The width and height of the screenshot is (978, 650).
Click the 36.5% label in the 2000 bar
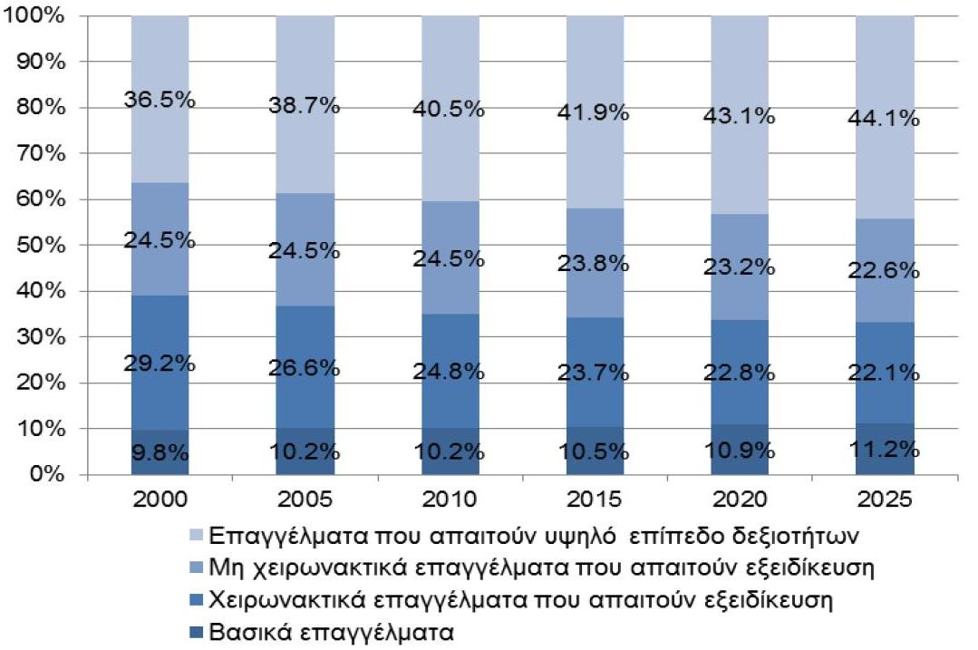[160, 100]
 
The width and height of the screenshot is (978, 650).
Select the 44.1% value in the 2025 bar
[884, 119]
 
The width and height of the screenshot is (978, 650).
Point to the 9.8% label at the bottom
[160, 450]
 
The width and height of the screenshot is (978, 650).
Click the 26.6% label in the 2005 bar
[304, 368]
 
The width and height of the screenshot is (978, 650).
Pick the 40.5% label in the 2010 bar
[449, 110]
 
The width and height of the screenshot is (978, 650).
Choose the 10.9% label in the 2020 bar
[739, 450]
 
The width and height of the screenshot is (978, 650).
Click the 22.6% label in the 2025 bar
[884, 271]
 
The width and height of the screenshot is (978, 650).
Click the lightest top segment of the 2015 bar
[594, 73]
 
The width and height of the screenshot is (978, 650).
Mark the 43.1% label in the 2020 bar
[739, 116]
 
